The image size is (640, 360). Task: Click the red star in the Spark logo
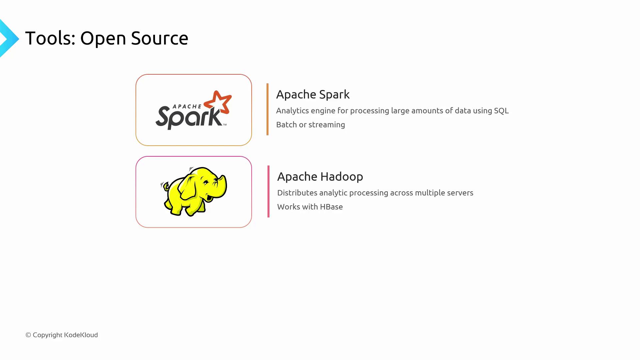pos(218,102)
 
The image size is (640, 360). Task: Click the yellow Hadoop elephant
pos(194,192)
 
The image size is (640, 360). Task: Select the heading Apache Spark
pos(313,95)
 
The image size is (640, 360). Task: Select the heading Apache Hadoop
pos(320,177)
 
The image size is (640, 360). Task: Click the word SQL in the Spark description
pos(501,111)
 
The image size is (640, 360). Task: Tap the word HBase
pos(331,207)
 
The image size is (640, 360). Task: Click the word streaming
pos(327,125)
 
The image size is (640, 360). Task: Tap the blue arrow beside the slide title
pos(9,38)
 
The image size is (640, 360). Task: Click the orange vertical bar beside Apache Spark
pos(267,109)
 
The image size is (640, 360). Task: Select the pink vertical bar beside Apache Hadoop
pos(268,191)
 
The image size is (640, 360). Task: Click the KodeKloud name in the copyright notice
pos(81,335)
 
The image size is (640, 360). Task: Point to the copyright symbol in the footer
pos(28,335)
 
